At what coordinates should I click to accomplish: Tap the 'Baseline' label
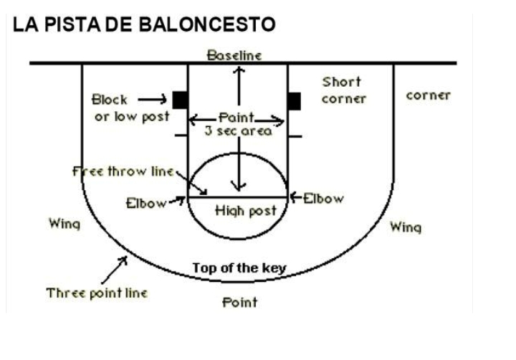coord(234,55)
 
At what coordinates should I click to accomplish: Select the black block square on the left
coord(179,100)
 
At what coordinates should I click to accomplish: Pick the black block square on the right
coord(294,100)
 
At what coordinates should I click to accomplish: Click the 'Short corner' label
coord(343,90)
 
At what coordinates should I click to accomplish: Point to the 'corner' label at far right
coord(428,95)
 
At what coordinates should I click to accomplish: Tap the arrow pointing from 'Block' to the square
coord(152,99)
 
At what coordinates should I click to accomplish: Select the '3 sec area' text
coord(237,131)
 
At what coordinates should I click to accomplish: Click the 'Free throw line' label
coord(123,171)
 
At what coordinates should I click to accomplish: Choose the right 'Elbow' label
coord(323,198)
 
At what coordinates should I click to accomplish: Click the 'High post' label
coord(239,211)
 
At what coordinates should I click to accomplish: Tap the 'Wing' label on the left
coord(64,224)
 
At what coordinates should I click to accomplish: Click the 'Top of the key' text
coord(239,268)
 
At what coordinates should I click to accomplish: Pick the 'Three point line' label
coord(97,293)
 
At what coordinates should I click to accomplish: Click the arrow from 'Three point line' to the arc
coord(114,269)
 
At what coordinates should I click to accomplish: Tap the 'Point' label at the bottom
coord(239,302)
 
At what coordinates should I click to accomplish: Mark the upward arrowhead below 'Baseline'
coord(239,70)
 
